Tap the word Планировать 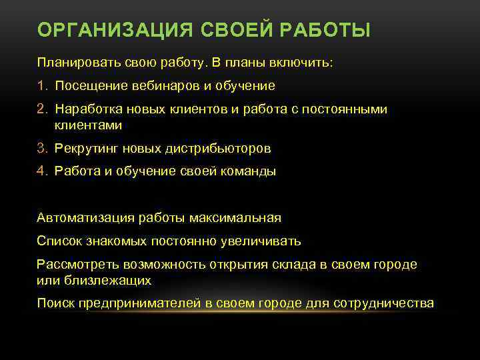79,63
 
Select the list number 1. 41,86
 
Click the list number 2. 41,109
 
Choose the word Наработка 87,109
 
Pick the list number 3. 41,148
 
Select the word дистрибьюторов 220,148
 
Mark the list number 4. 41,171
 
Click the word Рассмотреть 78,264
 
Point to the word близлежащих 103,280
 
